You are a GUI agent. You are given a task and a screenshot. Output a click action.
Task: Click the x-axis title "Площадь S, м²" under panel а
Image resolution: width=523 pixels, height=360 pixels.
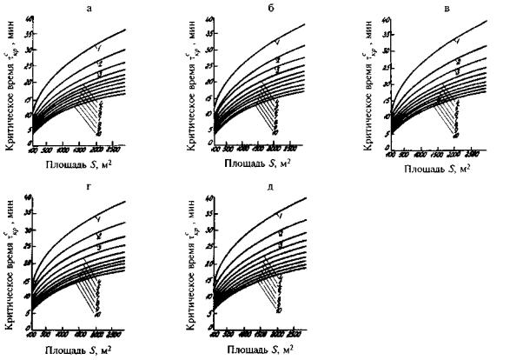click(80, 162)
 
